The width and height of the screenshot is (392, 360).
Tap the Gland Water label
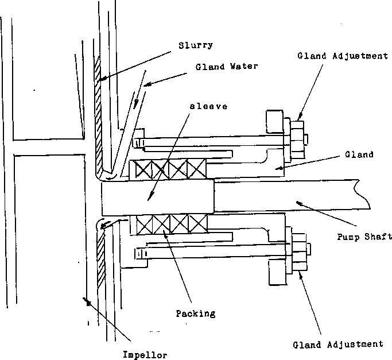(226, 67)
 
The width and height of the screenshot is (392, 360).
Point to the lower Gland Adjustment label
(337, 344)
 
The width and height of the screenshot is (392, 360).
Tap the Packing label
(196, 313)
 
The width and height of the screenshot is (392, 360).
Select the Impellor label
(146, 354)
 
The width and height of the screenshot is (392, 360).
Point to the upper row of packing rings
(168, 169)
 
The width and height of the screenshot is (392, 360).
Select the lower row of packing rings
(168, 224)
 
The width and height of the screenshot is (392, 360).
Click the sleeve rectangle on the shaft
(158, 196)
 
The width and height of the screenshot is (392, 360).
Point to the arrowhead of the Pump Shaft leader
(296, 202)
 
